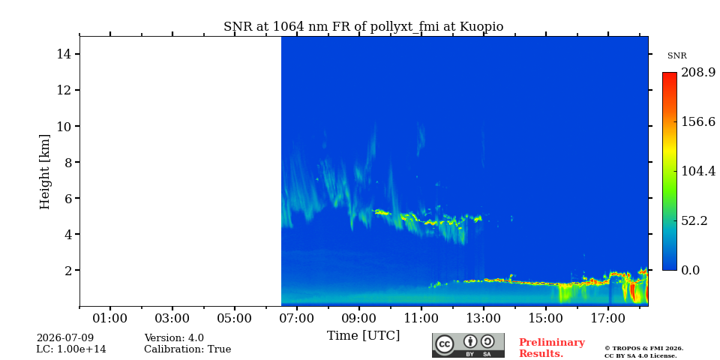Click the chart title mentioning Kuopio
363,27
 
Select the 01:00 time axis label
110,318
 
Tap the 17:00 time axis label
608,318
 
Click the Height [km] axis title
44,172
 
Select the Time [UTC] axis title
363,336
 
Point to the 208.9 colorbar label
698,73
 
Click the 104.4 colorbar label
698,171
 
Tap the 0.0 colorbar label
690,270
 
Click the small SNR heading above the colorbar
676,56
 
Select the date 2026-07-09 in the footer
64,338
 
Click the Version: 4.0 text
174,338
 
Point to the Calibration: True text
187,349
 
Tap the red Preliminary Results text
551,348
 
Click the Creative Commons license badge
468,345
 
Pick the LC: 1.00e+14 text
71,349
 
